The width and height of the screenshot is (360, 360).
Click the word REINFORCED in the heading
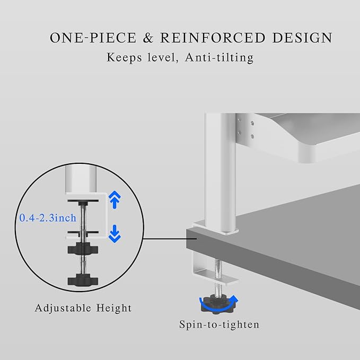pyautogui.click(x=213, y=38)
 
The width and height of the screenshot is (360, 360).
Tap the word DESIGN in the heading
pyautogui.click(x=302, y=38)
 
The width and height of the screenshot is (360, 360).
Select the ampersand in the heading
pyautogui.click(x=148, y=38)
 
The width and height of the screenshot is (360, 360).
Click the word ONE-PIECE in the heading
pyautogui.click(x=93, y=38)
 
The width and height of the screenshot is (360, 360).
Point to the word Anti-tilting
pyautogui.click(x=219, y=57)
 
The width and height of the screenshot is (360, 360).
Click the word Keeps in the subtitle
pyautogui.click(x=124, y=57)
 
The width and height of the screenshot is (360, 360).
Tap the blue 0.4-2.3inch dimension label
pyautogui.click(x=48, y=218)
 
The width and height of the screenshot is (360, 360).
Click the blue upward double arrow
pyautogui.click(x=115, y=199)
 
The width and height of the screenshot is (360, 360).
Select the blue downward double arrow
pyautogui.click(x=115, y=234)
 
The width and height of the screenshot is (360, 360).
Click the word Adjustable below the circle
pyautogui.click(x=63, y=308)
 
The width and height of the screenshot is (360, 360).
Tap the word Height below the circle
pyautogui.click(x=114, y=308)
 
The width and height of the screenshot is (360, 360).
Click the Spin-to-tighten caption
pyautogui.click(x=219, y=324)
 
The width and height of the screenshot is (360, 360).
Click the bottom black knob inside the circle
pyautogui.click(x=83, y=280)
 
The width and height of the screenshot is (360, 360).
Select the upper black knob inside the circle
pyautogui.click(x=83, y=249)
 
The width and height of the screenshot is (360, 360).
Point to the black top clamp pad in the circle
pyautogui.click(x=83, y=201)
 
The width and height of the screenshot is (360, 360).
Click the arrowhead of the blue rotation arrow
pyautogui.click(x=234, y=300)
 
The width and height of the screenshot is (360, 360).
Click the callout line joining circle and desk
pyautogui.click(x=170, y=239)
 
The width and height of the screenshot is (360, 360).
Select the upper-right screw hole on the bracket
pyautogui.click(x=252, y=124)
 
